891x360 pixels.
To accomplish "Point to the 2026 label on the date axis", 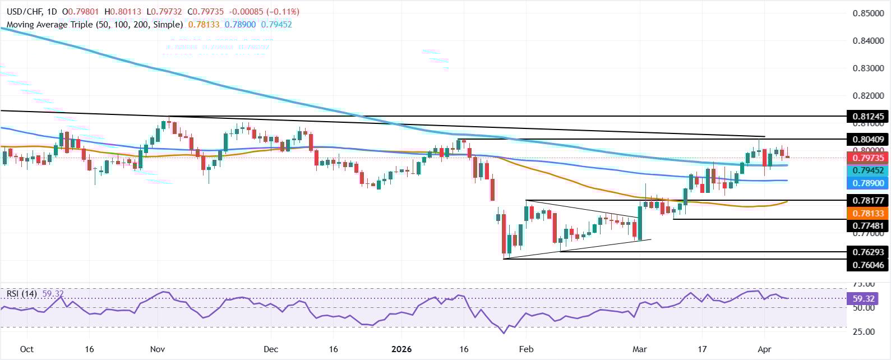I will pos(401,349).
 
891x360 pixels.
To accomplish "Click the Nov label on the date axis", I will pos(158,349).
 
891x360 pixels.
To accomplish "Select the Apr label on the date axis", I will pos(764,349).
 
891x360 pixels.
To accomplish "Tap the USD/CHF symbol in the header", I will pos(23,12).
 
